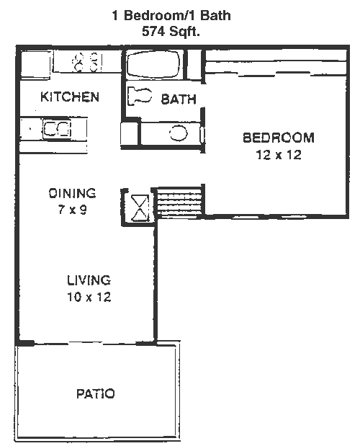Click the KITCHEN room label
click(x=70, y=97)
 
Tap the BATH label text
click(x=179, y=99)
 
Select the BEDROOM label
click(x=279, y=138)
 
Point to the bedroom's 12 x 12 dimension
click(x=279, y=155)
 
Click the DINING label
click(x=72, y=193)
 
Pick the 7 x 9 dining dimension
click(x=73, y=210)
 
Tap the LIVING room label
click(x=89, y=280)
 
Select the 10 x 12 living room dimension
click(x=89, y=297)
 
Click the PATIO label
click(x=96, y=393)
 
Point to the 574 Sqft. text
click(x=171, y=31)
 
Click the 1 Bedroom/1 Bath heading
click(x=171, y=15)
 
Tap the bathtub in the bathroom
click(x=153, y=64)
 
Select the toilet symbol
click(x=140, y=96)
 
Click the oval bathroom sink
click(x=179, y=133)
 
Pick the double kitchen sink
click(x=57, y=129)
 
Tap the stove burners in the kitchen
click(x=86, y=62)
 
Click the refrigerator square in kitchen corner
click(x=35, y=64)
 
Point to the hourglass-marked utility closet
click(x=139, y=208)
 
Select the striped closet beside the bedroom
click(x=180, y=202)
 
